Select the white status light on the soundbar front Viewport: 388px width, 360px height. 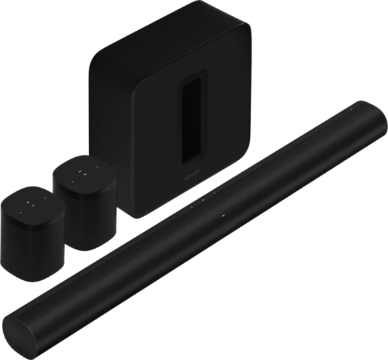(222, 216)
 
